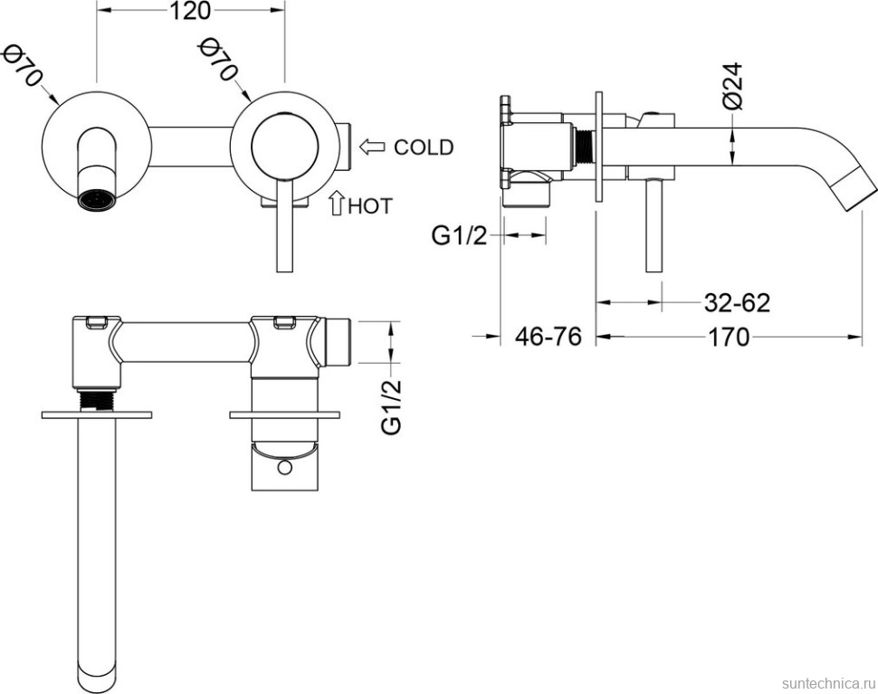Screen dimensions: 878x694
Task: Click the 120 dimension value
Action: coord(189,11)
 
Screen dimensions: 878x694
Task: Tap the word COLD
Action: coord(424,147)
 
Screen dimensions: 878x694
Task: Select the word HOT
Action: coord(370,206)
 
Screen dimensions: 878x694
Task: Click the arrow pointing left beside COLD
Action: coord(372,147)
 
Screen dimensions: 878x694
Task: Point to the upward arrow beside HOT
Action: coord(337,204)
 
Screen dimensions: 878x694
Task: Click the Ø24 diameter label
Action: coord(732,86)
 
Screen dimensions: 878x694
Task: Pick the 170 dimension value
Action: coord(729,337)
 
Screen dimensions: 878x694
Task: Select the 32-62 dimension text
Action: coord(737,303)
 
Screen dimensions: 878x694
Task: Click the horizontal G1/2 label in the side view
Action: coord(459,236)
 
